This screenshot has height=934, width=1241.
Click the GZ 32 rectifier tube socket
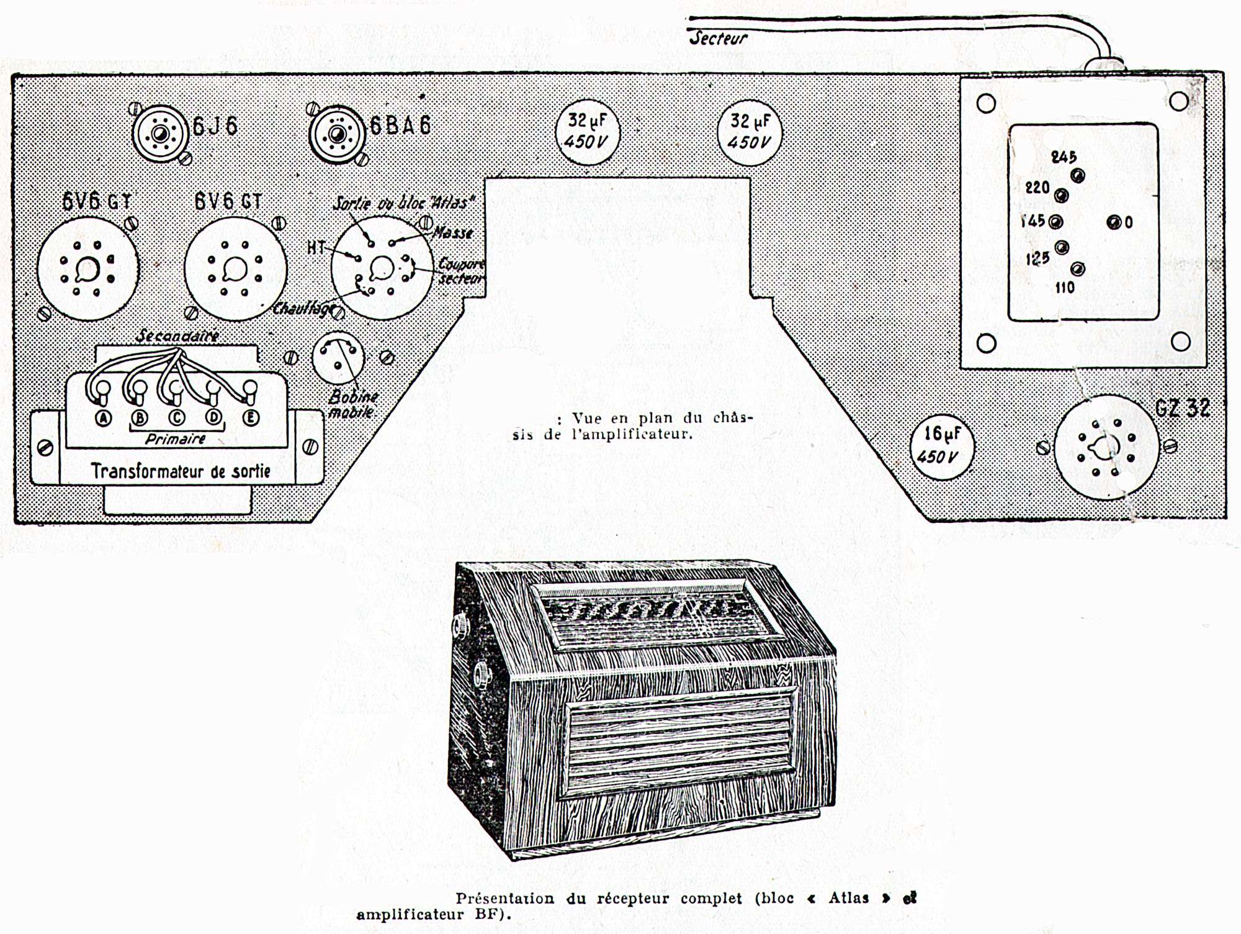point(1106,447)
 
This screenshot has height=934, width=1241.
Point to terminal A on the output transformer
point(103,419)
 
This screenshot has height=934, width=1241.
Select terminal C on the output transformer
point(176,418)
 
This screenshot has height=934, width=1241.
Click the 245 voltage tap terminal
point(1078,176)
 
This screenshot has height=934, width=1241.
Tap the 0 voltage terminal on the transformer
point(1114,222)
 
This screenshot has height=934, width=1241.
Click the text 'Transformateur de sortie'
point(181,471)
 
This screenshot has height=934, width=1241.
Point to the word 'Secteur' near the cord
point(719,39)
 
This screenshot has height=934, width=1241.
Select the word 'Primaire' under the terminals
point(176,439)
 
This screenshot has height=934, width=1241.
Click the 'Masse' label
point(453,233)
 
